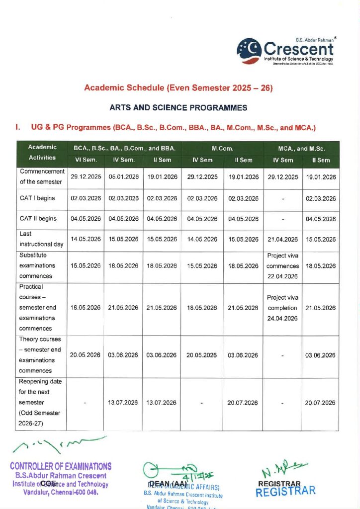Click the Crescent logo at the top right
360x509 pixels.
click(286, 50)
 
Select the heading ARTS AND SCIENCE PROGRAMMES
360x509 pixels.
click(178, 107)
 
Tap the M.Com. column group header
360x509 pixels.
click(223, 148)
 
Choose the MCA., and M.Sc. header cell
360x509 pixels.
click(301, 148)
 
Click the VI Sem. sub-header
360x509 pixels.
click(86, 160)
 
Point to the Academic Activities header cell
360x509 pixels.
click(42, 153)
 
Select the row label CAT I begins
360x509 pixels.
click(37, 198)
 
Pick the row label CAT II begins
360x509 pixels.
click(38, 219)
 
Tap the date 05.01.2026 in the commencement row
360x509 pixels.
click(123, 177)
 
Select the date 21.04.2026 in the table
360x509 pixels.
click(282, 239)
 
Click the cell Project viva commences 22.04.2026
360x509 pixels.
click(282, 266)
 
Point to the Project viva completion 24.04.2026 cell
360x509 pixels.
click(282, 308)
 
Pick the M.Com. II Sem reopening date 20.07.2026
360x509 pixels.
click(243, 403)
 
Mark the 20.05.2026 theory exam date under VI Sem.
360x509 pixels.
click(86, 355)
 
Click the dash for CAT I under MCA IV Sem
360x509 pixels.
click(282, 198)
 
